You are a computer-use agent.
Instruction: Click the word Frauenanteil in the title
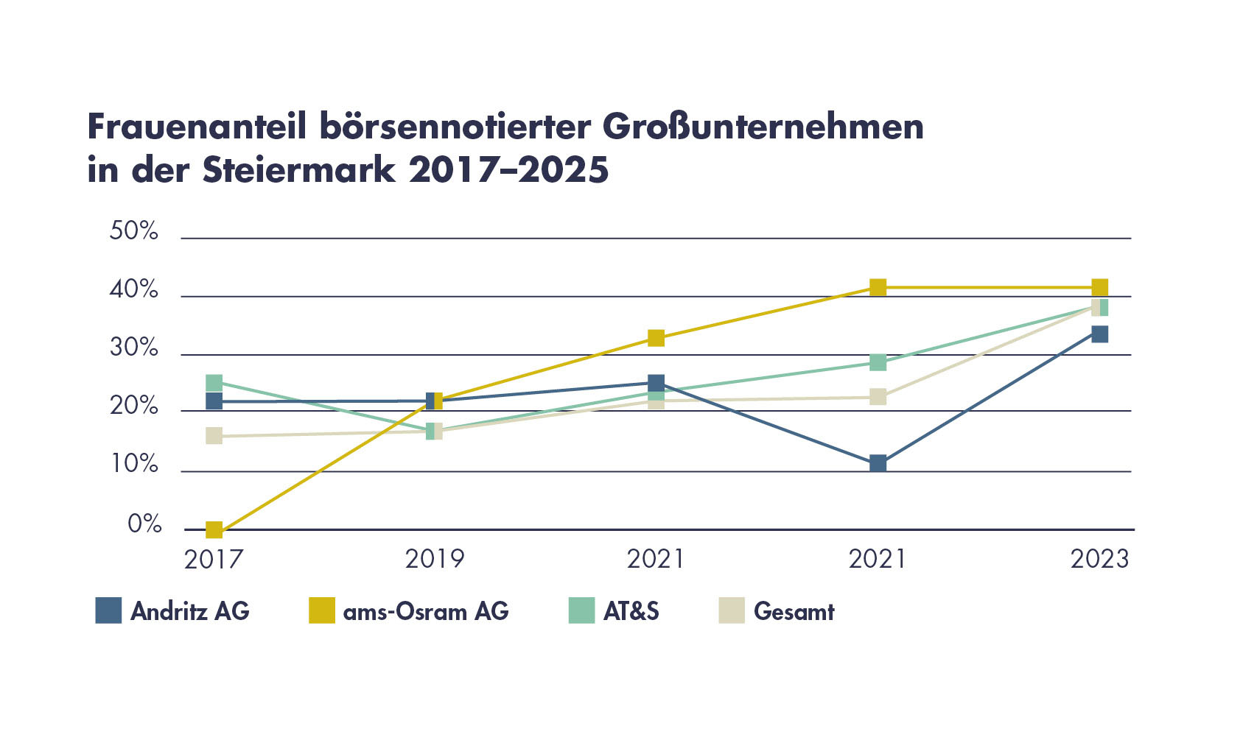196,127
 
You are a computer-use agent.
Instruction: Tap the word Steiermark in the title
300,170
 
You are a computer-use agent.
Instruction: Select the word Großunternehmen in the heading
763,127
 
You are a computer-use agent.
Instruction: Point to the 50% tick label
134,231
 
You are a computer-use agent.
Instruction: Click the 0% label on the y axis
144,524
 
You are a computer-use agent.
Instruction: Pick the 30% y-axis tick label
134,348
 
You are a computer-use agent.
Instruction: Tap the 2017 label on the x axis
213,560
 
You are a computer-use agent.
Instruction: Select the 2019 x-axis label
435,560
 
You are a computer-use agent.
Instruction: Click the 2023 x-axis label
1099,560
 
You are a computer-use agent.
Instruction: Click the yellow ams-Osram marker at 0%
214,529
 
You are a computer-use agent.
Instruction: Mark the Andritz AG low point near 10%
878,463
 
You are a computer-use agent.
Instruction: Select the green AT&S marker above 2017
214,383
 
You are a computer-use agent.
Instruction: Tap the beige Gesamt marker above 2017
214,436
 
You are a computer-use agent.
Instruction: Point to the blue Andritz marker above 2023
1099,334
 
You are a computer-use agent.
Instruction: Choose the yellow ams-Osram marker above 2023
1099,287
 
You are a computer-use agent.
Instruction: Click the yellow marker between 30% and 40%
656,338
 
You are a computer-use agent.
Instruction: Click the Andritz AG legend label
190,612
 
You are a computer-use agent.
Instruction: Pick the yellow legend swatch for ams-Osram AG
321,610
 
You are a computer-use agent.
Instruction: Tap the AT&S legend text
631,612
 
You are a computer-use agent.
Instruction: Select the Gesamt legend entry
794,612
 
